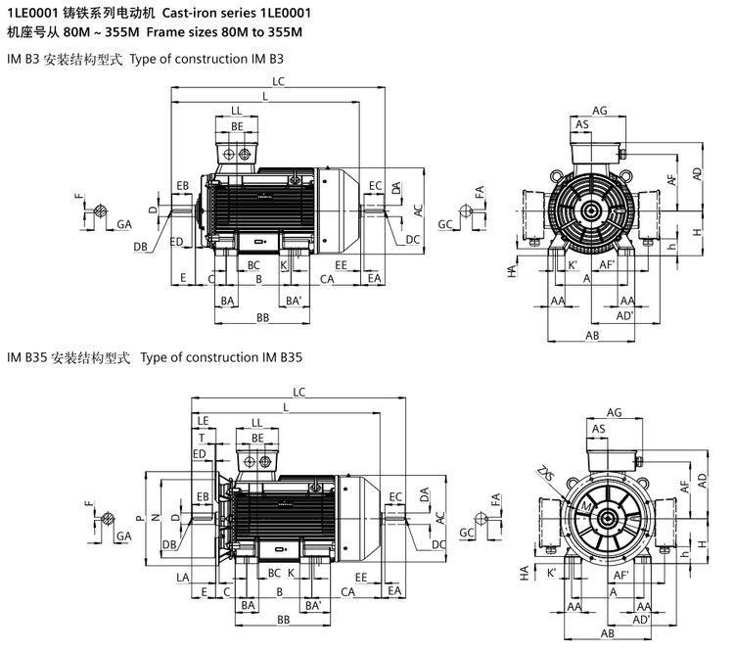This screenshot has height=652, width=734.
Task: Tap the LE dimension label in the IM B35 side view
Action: click(x=203, y=420)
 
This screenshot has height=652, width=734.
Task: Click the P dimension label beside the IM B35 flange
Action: click(x=140, y=517)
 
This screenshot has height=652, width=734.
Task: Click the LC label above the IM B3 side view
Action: click(x=279, y=82)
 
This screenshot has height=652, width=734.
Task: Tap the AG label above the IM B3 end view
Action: click(x=600, y=110)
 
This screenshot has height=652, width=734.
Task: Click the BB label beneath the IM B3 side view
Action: click(x=262, y=318)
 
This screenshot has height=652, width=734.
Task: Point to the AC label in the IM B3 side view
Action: click(x=417, y=210)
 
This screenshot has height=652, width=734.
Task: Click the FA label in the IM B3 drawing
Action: click(x=481, y=196)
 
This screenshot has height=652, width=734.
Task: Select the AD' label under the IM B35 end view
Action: click(x=642, y=621)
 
